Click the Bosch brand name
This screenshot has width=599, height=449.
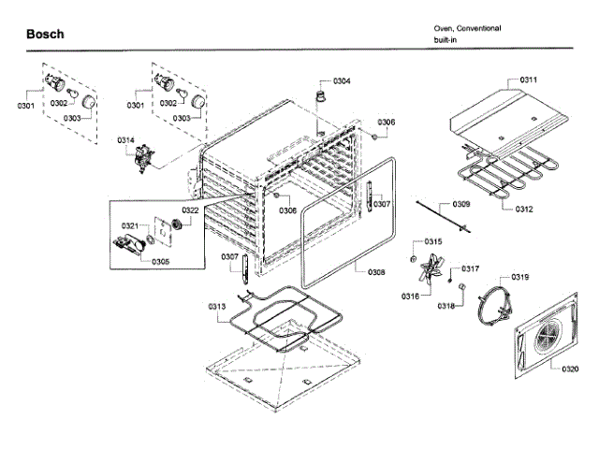coord(45,35)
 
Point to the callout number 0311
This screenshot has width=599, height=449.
coord(529,80)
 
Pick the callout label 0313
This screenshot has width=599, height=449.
coord(216,307)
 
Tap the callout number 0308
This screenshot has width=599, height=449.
coord(376,272)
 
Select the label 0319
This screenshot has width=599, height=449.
coord(520,278)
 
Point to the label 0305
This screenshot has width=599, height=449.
coord(160,261)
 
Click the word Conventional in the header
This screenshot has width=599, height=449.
coord(477,28)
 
